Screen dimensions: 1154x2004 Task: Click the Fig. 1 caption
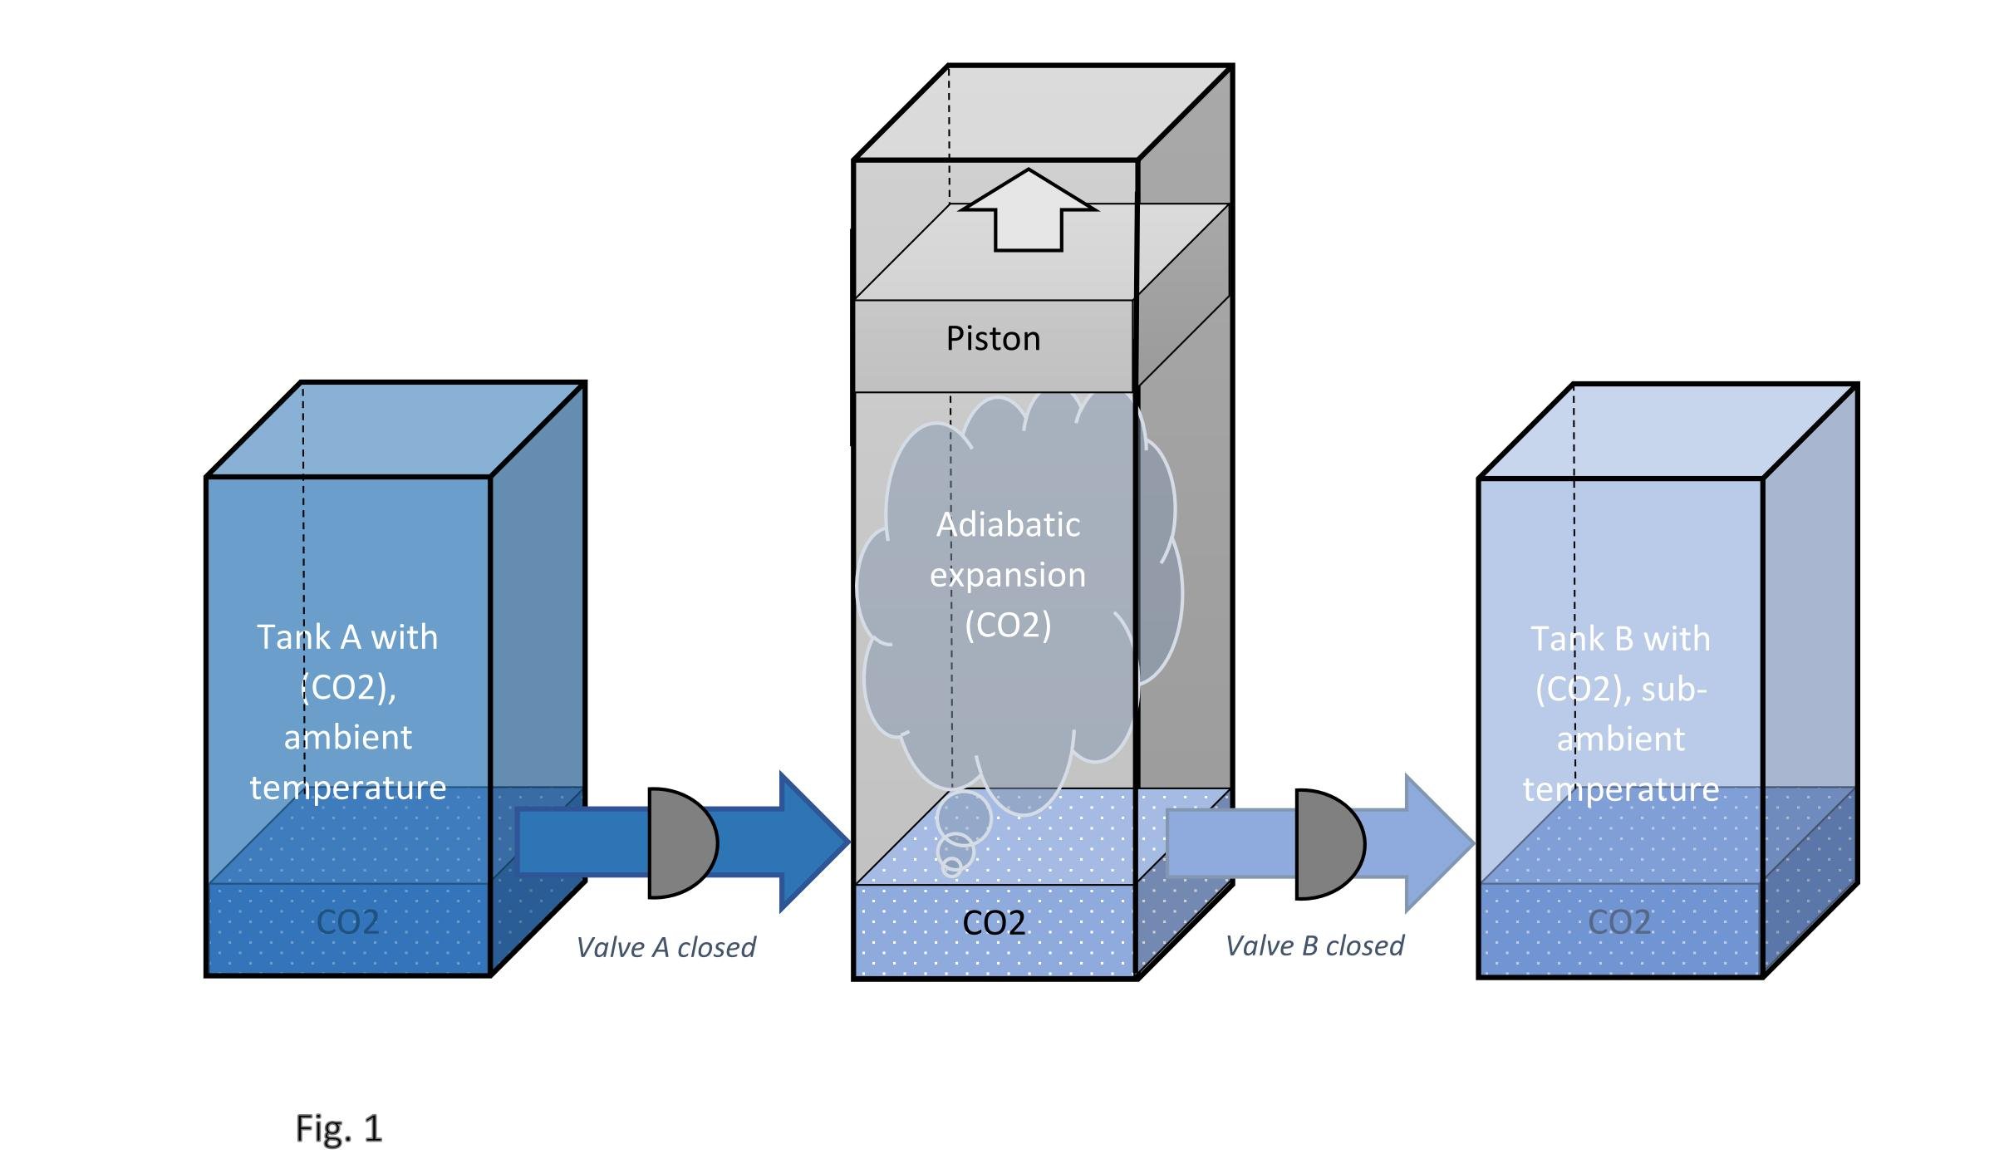point(339,1128)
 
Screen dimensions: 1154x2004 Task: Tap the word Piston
point(993,339)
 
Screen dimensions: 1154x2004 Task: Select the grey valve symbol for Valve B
point(1329,844)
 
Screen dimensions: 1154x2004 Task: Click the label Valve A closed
point(666,947)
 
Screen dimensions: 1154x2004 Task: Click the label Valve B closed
point(1314,945)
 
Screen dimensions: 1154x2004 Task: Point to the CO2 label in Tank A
point(348,922)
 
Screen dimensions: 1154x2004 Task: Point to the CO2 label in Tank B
point(1619,922)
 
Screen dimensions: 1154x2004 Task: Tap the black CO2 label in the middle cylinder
point(994,923)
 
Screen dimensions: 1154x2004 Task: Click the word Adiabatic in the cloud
point(1009,525)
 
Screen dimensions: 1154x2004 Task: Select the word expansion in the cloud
point(1008,575)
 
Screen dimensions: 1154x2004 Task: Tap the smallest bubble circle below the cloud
point(952,867)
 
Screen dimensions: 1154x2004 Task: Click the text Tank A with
point(347,637)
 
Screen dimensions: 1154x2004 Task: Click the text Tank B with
point(1620,639)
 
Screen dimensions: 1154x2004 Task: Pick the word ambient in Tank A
point(348,738)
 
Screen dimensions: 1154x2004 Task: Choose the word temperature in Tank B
point(1620,789)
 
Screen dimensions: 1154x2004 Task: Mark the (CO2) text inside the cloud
point(1008,625)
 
